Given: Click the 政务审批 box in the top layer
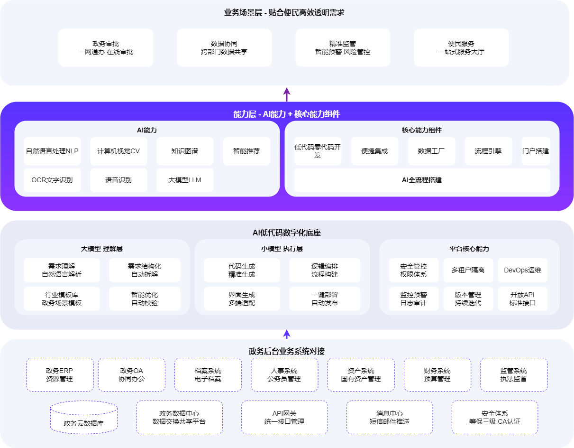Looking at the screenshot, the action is (106, 47).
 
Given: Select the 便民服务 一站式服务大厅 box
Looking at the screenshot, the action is (461, 47).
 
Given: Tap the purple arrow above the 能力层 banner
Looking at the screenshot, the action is (287, 94).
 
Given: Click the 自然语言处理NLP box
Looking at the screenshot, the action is (52, 151).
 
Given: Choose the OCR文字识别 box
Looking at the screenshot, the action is (52, 180).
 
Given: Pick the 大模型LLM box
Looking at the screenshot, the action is (185, 180).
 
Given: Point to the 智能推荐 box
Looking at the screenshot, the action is (246, 151).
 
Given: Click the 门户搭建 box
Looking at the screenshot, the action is (536, 151).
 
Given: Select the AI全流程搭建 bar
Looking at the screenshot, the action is (422, 180).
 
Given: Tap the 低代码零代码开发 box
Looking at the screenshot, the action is (318, 151).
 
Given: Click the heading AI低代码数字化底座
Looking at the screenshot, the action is (287, 233).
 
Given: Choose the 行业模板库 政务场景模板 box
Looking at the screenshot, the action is (62, 299).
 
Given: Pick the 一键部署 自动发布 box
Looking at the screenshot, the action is (325, 299).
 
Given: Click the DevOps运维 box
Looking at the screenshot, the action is (522, 270).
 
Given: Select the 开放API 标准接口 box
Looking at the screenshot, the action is (522, 299).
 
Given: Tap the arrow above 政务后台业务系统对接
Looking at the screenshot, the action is (287, 334).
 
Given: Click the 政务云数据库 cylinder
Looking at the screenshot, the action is (84, 417).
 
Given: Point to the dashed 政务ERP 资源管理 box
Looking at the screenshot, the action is (60, 374).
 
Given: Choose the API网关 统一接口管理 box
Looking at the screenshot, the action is (284, 417).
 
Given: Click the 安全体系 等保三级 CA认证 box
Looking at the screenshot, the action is (495, 417).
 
